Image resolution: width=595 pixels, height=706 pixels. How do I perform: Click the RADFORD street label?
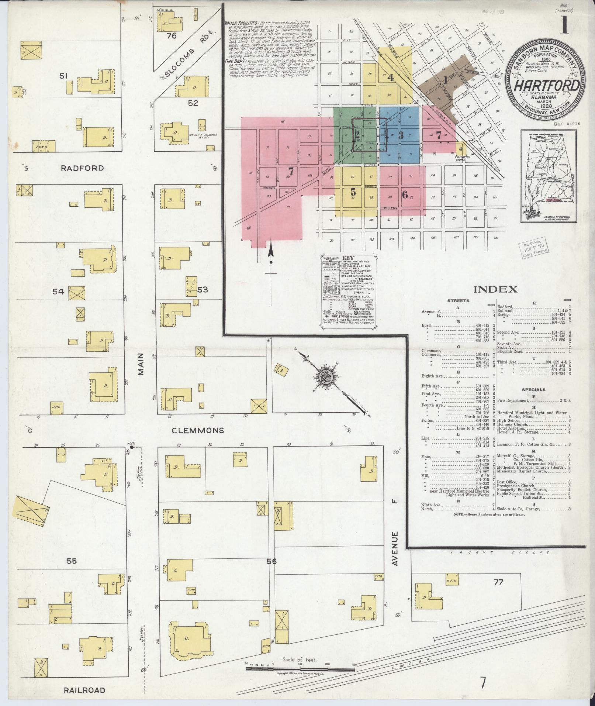(82, 168)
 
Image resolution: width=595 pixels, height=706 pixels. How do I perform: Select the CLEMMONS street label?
(198, 431)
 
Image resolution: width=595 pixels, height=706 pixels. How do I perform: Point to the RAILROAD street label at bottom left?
(84, 690)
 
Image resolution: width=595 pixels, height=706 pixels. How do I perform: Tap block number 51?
(64, 76)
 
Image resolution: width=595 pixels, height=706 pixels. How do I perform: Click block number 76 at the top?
(172, 36)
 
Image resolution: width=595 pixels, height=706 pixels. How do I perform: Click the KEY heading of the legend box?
(348, 258)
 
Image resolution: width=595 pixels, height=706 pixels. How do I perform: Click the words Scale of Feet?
(300, 659)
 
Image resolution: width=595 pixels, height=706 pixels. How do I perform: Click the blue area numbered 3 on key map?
(401, 135)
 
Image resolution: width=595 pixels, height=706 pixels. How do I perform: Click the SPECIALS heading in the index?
(533, 390)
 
